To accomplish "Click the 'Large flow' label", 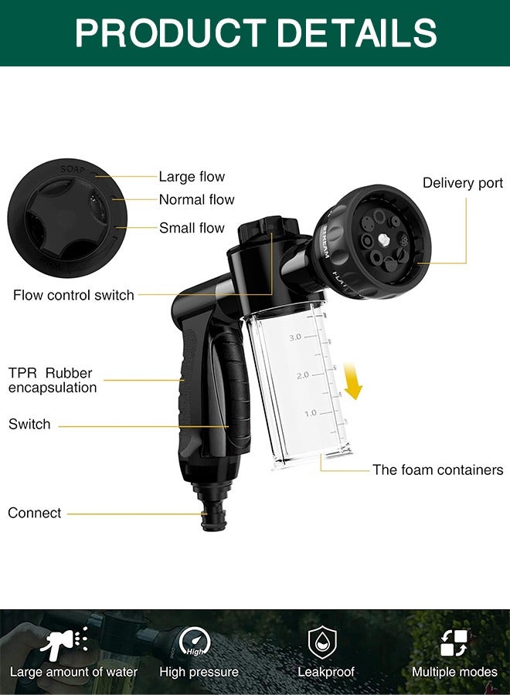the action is coord(192,177).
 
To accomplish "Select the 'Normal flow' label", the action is coord(196,199).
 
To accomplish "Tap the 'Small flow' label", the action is coord(192,228).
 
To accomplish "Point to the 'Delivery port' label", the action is coord(463,183).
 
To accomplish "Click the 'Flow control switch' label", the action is coord(73,295).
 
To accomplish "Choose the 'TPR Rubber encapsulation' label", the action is coord(53,380).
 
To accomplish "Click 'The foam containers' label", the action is coord(437,470).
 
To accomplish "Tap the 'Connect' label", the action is coord(35,513).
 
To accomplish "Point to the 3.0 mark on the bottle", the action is coord(295,337).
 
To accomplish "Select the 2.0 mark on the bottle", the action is coord(302,375).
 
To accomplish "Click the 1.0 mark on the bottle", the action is coord(311,413).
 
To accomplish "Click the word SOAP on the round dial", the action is coord(73,169).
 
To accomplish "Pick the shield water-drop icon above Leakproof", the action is coord(322,642).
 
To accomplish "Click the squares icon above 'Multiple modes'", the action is coord(454,643).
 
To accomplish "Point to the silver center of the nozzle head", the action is coord(383,241).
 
